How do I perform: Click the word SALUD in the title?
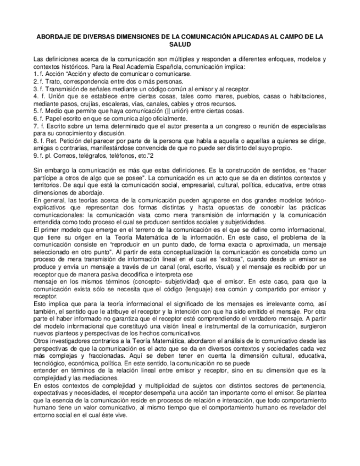[179, 44]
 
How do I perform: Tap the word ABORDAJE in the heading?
[53, 37]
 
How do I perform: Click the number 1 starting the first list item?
[35, 73]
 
